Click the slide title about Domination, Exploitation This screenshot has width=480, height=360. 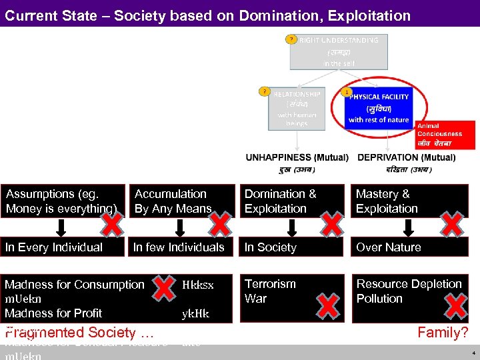click(207, 14)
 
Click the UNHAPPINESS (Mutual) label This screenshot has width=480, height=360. click(297, 158)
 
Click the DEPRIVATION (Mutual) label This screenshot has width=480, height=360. click(407, 158)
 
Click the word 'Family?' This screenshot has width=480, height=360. click(442, 332)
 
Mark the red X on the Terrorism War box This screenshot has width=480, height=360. click(327, 306)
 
